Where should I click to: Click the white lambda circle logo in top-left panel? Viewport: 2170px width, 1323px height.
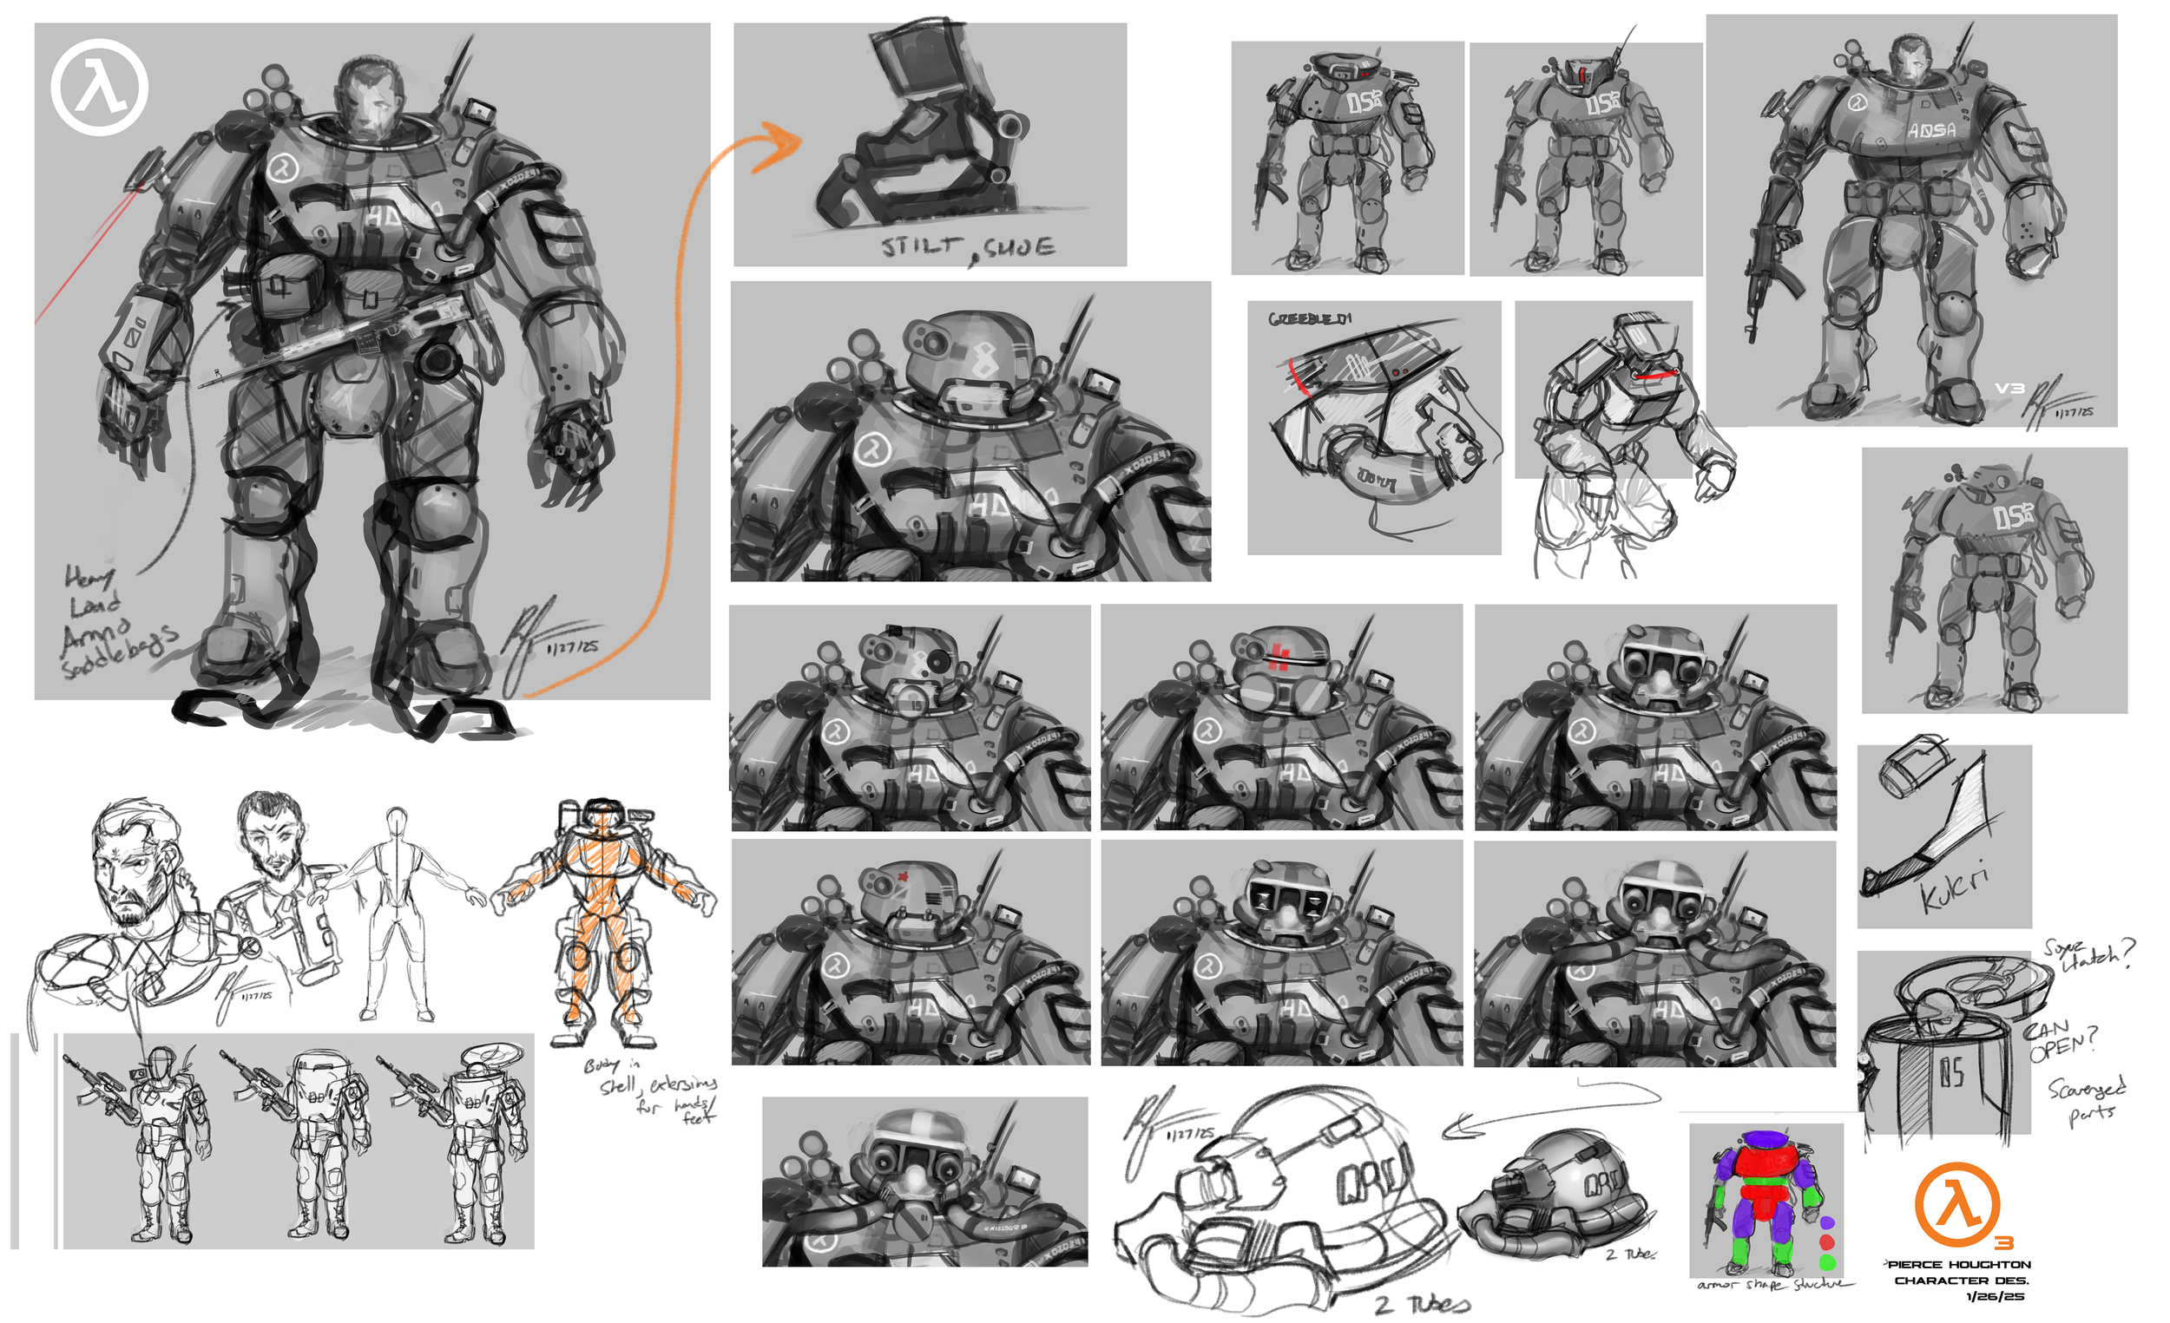point(100,87)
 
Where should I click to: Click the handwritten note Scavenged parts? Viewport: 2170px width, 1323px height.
point(2087,1100)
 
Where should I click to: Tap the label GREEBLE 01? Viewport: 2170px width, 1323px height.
point(1310,318)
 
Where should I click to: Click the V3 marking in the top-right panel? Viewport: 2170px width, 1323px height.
point(2009,388)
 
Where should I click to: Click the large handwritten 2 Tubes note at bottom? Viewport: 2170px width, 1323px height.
point(1423,1304)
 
